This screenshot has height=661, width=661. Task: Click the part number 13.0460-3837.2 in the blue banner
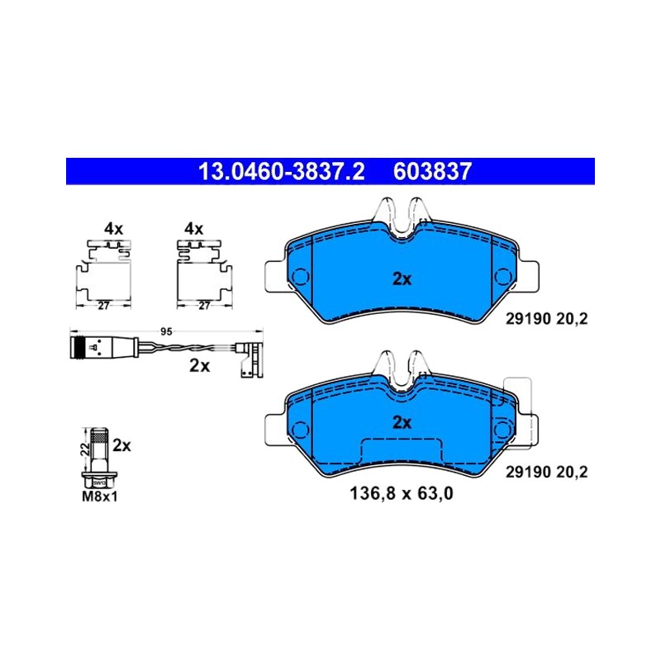(281, 172)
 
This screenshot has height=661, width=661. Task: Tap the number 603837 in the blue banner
(432, 172)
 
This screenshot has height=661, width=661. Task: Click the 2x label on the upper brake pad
(402, 279)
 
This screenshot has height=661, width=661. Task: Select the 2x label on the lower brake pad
(402, 422)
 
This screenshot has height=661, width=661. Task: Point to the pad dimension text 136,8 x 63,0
(402, 492)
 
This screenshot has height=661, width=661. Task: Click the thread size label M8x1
(99, 497)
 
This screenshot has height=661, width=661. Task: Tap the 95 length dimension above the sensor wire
(167, 332)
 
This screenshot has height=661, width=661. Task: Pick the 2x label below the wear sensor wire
(199, 366)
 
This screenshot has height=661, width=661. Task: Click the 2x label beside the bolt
(121, 445)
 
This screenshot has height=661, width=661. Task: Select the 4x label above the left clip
(113, 229)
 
